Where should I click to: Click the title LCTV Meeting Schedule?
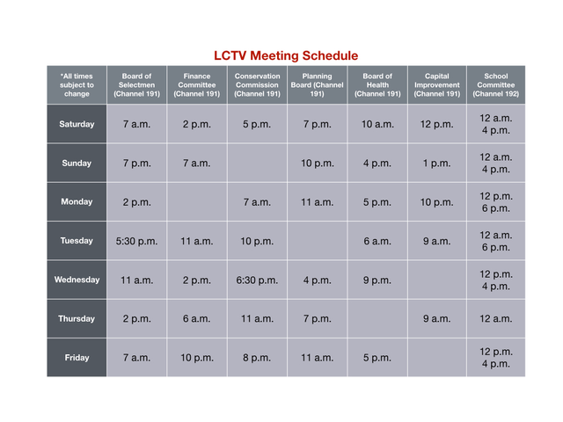tap(286, 55)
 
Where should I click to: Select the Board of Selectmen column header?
tap(136, 85)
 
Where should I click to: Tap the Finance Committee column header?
tap(196, 85)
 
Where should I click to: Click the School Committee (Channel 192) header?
tap(496, 85)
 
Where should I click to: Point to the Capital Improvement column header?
tap(436, 85)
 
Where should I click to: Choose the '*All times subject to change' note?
tap(77, 85)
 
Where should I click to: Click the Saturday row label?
tap(77, 124)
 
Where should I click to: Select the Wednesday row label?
tap(77, 280)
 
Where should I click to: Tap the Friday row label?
tap(77, 358)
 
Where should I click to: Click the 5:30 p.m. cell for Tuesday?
tap(136, 241)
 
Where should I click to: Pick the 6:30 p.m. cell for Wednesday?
tap(256, 280)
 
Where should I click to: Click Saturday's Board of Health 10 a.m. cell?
tap(377, 124)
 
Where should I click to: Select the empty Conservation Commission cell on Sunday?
tap(256, 163)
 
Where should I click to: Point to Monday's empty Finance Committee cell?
tap(196, 202)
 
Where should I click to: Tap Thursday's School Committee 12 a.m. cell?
tap(496, 319)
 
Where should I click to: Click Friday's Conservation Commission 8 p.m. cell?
tap(256, 358)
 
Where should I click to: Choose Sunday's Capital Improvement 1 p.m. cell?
tap(436, 163)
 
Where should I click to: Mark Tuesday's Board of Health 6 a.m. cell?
tap(377, 241)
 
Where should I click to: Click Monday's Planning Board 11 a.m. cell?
tap(317, 202)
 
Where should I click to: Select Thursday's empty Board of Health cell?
tap(377, 319)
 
